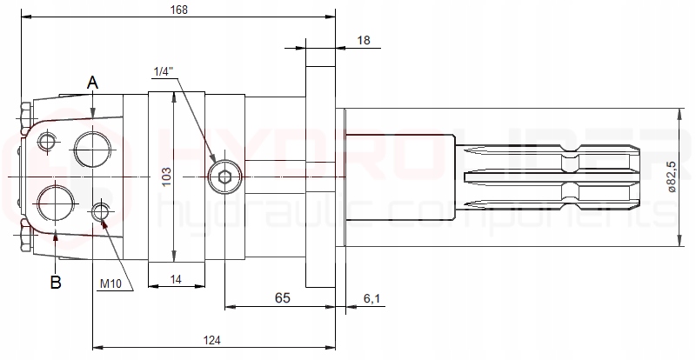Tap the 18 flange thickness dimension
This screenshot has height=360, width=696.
364,40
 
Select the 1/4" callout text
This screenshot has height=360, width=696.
162,70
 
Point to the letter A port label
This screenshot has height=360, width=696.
93,83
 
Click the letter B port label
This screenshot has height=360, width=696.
55,282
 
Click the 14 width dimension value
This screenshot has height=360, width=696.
177,278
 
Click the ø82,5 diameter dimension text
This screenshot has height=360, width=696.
670,177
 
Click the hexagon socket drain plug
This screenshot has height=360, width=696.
225,177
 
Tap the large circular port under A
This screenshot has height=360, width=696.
93,148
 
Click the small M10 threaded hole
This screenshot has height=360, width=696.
102,210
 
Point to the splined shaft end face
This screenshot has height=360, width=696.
639,177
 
